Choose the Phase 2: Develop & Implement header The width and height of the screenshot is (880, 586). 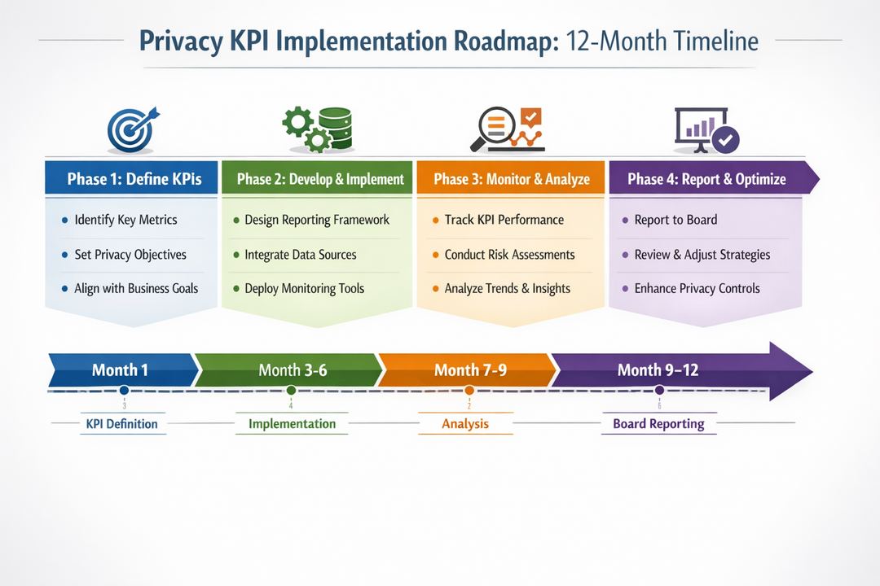320,179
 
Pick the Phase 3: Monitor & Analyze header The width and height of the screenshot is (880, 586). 511,179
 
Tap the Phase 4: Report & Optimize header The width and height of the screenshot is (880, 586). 706,179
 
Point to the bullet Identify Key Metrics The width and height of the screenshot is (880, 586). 125,220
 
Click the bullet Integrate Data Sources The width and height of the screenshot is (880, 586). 300,255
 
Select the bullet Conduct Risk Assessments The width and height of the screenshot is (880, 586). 509,255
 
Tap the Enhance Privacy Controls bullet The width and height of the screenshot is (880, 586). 697,289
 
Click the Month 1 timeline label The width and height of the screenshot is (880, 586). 120,370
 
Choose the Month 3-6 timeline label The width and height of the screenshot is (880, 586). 293,370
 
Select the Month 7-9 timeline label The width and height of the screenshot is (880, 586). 470,370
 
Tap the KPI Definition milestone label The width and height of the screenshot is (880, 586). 121,424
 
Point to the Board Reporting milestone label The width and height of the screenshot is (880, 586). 658,424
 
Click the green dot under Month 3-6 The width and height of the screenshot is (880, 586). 291,391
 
